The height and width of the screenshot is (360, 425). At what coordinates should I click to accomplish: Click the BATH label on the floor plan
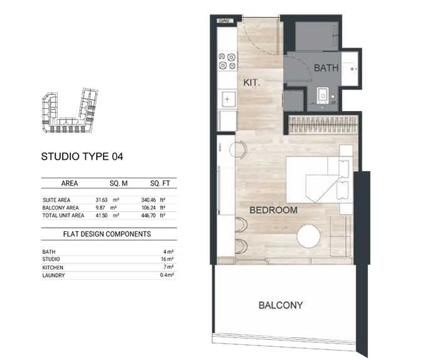point(326,68)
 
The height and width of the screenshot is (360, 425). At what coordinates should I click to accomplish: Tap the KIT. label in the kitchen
point(252,82)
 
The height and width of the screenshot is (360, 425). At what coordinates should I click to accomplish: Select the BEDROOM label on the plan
point(273,210)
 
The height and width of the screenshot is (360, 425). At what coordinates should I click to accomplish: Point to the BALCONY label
point(281,305)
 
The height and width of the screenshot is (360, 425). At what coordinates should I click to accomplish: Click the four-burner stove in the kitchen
point(227,61)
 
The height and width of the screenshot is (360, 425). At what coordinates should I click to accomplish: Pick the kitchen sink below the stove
point(227,99)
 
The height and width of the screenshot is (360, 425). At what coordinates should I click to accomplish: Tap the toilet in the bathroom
point(323,95)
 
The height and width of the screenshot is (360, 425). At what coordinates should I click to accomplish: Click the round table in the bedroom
point(309,236)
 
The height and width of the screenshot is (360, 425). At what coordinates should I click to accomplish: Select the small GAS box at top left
point(225,21)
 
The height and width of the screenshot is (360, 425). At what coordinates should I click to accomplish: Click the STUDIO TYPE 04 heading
point(82,157)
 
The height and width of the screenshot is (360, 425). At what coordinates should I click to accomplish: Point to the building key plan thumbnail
point(70,110)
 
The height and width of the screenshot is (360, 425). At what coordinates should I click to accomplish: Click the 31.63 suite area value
point(101,200)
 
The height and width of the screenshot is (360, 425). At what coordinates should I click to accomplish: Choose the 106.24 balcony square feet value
point(149,208)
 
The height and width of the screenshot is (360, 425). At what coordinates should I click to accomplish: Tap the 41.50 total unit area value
point(101,215)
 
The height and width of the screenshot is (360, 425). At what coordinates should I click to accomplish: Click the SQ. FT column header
point(160,183)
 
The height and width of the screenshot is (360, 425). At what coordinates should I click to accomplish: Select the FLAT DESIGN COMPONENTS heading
point(107,234)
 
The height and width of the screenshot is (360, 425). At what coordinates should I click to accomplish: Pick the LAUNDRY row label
point(53,275)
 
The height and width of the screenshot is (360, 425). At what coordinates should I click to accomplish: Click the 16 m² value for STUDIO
point(167,259)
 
